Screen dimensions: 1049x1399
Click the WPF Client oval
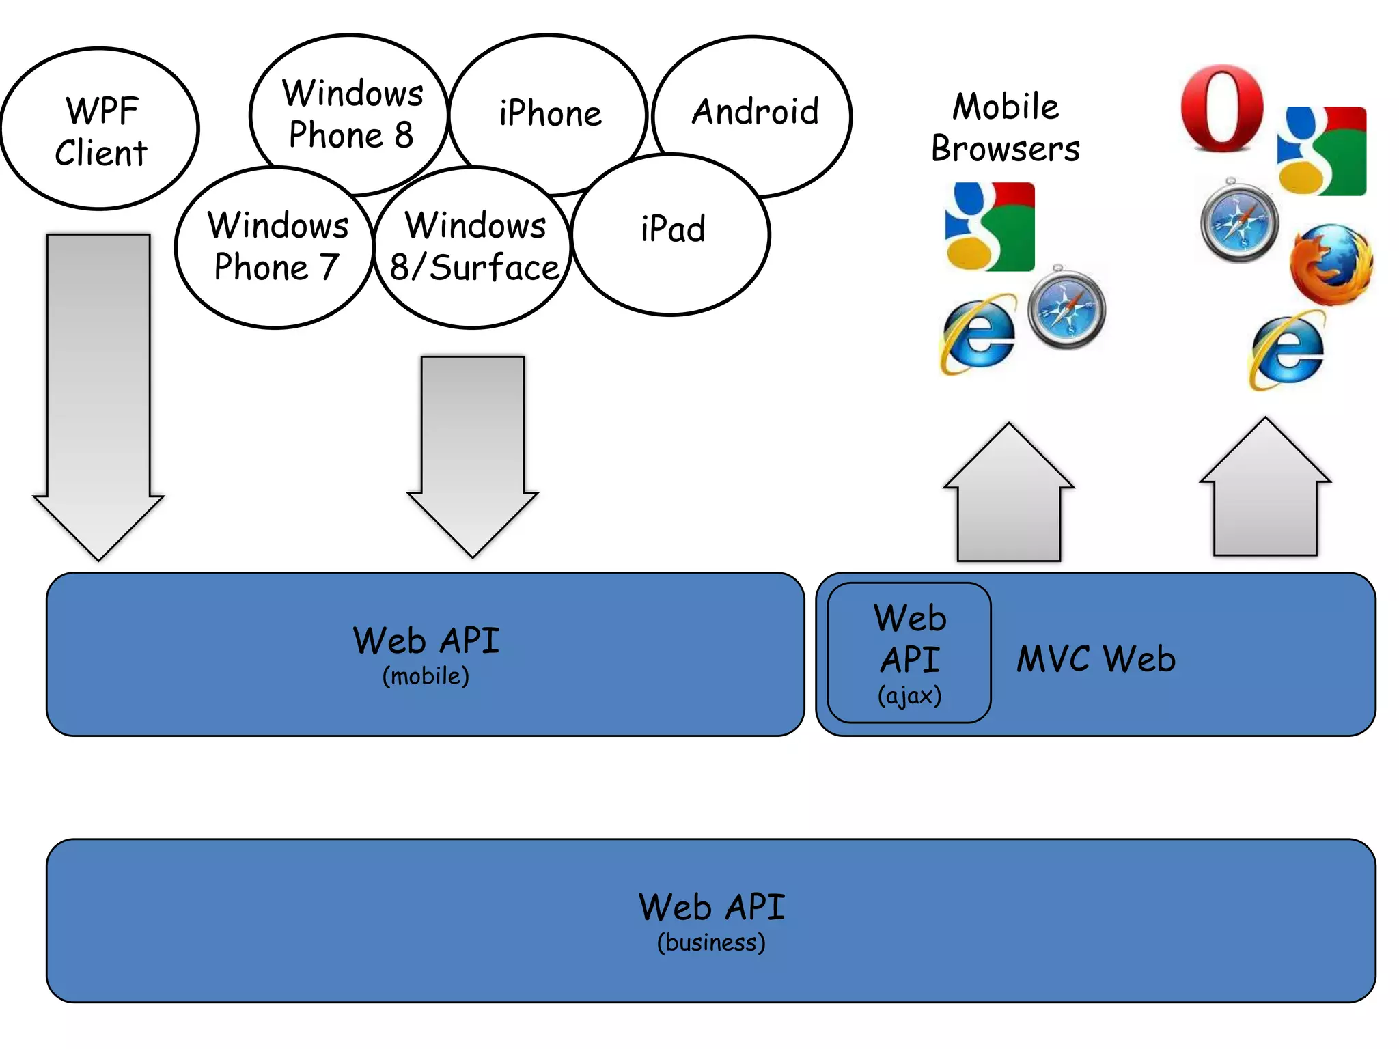tap(100, 130)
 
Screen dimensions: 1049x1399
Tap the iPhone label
tap(550, 113)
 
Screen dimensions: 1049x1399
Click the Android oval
tap(754, 111)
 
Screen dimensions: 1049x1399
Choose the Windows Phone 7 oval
tap(277, 247)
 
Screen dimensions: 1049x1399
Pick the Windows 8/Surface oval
tap(474, 247)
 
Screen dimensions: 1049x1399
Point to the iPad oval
tap(672, 230)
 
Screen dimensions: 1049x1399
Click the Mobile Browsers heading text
tap(1006, 128)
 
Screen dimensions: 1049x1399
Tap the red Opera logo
tap(1222, 108)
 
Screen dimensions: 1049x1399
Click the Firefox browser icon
tap(1331, 264)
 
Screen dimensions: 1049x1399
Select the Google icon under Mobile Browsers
tap(990, 227)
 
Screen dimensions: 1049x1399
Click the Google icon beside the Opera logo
tap(1322, 151)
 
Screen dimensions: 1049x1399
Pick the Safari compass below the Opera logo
tap(1240, 221)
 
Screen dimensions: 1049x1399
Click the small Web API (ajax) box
tap(909, 653)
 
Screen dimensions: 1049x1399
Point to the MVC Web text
tap(1096, 660)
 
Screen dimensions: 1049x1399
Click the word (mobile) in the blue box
tap(426, 676)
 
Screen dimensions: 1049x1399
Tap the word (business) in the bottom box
tap(710, 942)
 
